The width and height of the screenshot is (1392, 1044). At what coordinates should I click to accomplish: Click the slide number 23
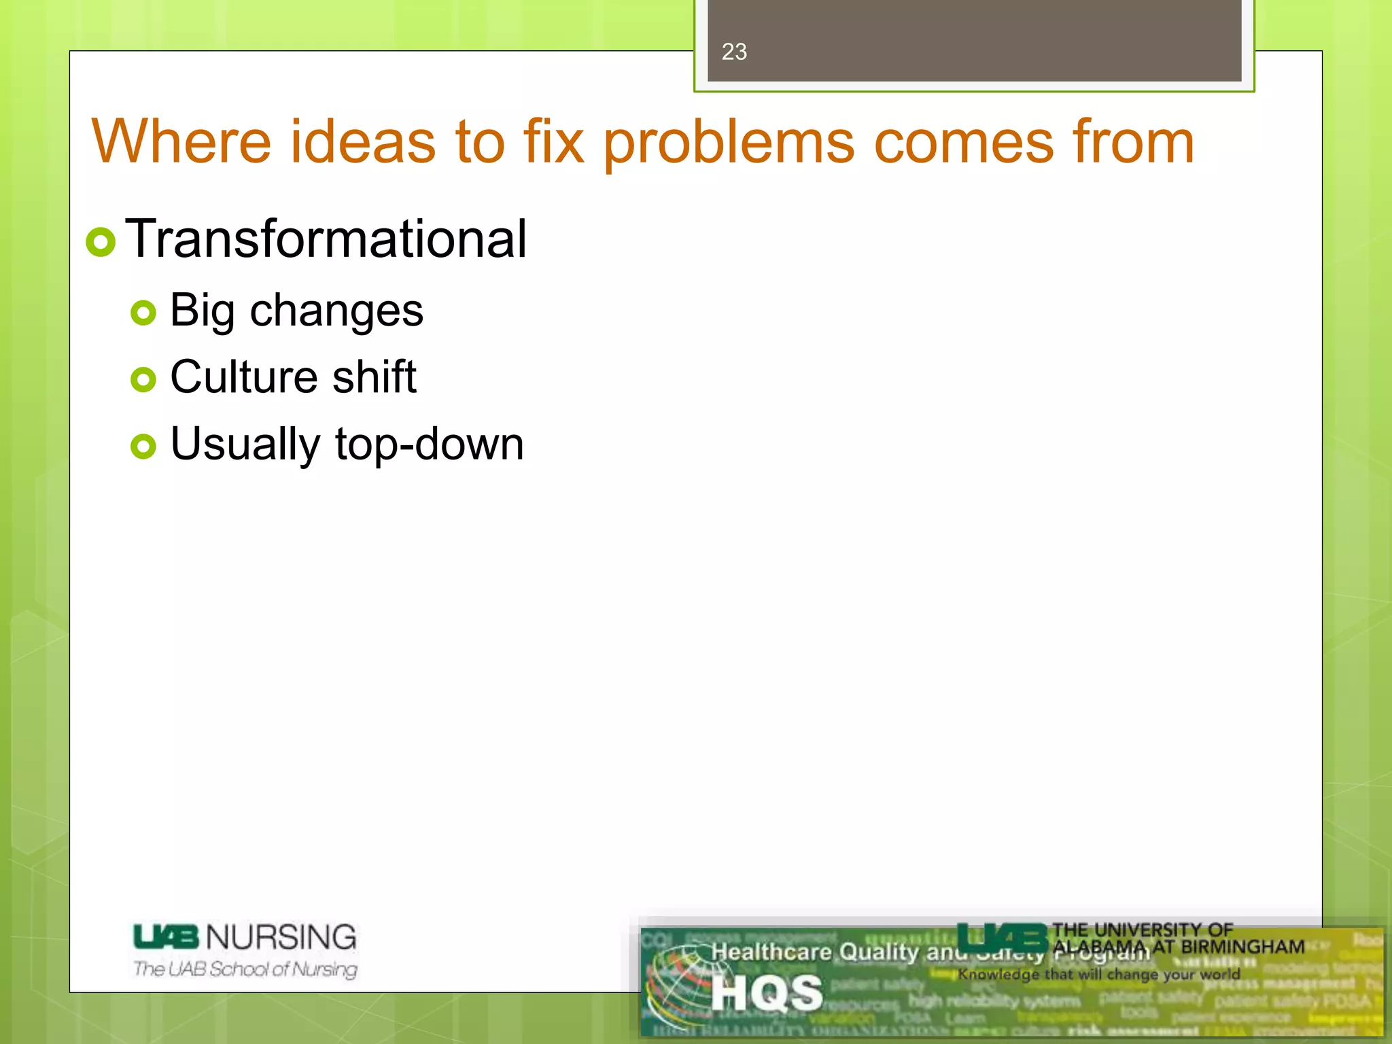pyautogui.click(x=734, y=52)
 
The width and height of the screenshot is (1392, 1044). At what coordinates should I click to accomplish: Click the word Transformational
pyautogui.click(x=326, y=239)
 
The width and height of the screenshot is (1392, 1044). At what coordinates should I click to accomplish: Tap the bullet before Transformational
pyautogui.click(x=101, y=242)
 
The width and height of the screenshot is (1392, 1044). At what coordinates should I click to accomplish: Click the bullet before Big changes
pyautogui.click(x=143, y=313)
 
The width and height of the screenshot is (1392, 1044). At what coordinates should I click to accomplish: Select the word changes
pyautogui.click(x=336, y=311)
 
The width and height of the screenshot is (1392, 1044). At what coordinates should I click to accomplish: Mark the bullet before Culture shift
pyautogui.click(x=143, y=379)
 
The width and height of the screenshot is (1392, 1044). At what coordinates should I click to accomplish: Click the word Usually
pyautogui.click(x=245, y=445)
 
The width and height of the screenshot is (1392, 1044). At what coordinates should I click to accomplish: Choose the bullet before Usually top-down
pyautogui.click(x=143, y=447)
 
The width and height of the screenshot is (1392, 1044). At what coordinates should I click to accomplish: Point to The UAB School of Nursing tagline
pyautogui.click(x=245, y=969)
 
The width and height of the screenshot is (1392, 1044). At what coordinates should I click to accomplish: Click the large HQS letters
pyautogui.click(x=767, y=993)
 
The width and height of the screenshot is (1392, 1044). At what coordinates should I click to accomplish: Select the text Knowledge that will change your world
pyautogui.click(x=1099, y=974)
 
